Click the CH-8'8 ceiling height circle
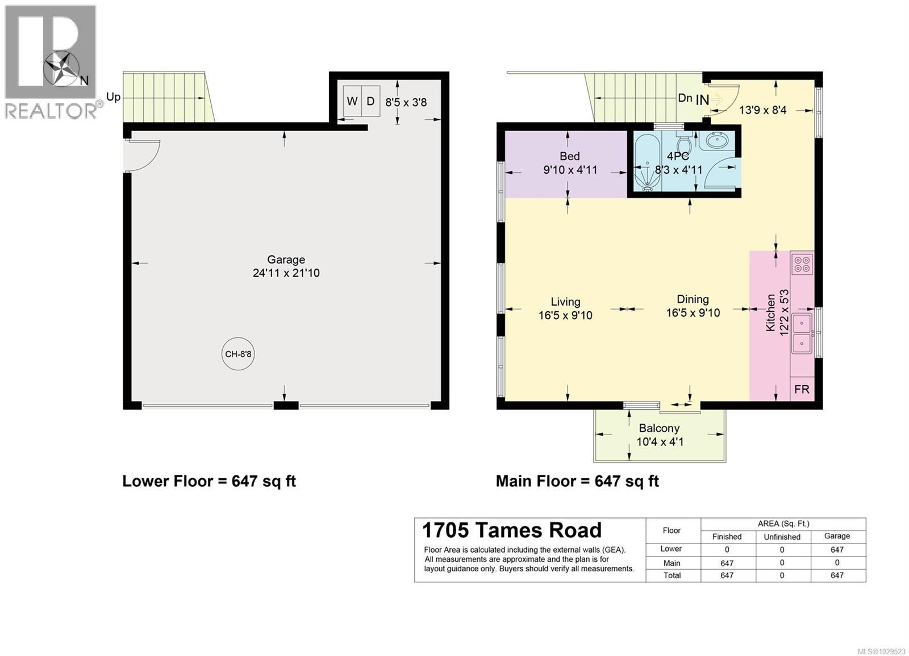tap(238, 354)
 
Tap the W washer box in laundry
tap(352, 102)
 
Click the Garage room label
tap(286, 260)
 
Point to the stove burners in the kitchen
tap(802, 264)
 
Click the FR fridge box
tap(802, 390)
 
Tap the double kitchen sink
tap(802, 333)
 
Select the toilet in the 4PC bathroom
tap(684, 142)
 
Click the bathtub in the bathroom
tap(646, 162)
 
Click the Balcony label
tap(659, 428)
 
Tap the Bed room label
tap(569, 156)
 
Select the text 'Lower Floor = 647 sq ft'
tap(209, 482)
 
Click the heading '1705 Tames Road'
tap(511, 530)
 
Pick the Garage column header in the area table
tap(837, 536)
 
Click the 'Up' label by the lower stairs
tap(113, 97)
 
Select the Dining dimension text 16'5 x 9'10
tap(693, 313)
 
